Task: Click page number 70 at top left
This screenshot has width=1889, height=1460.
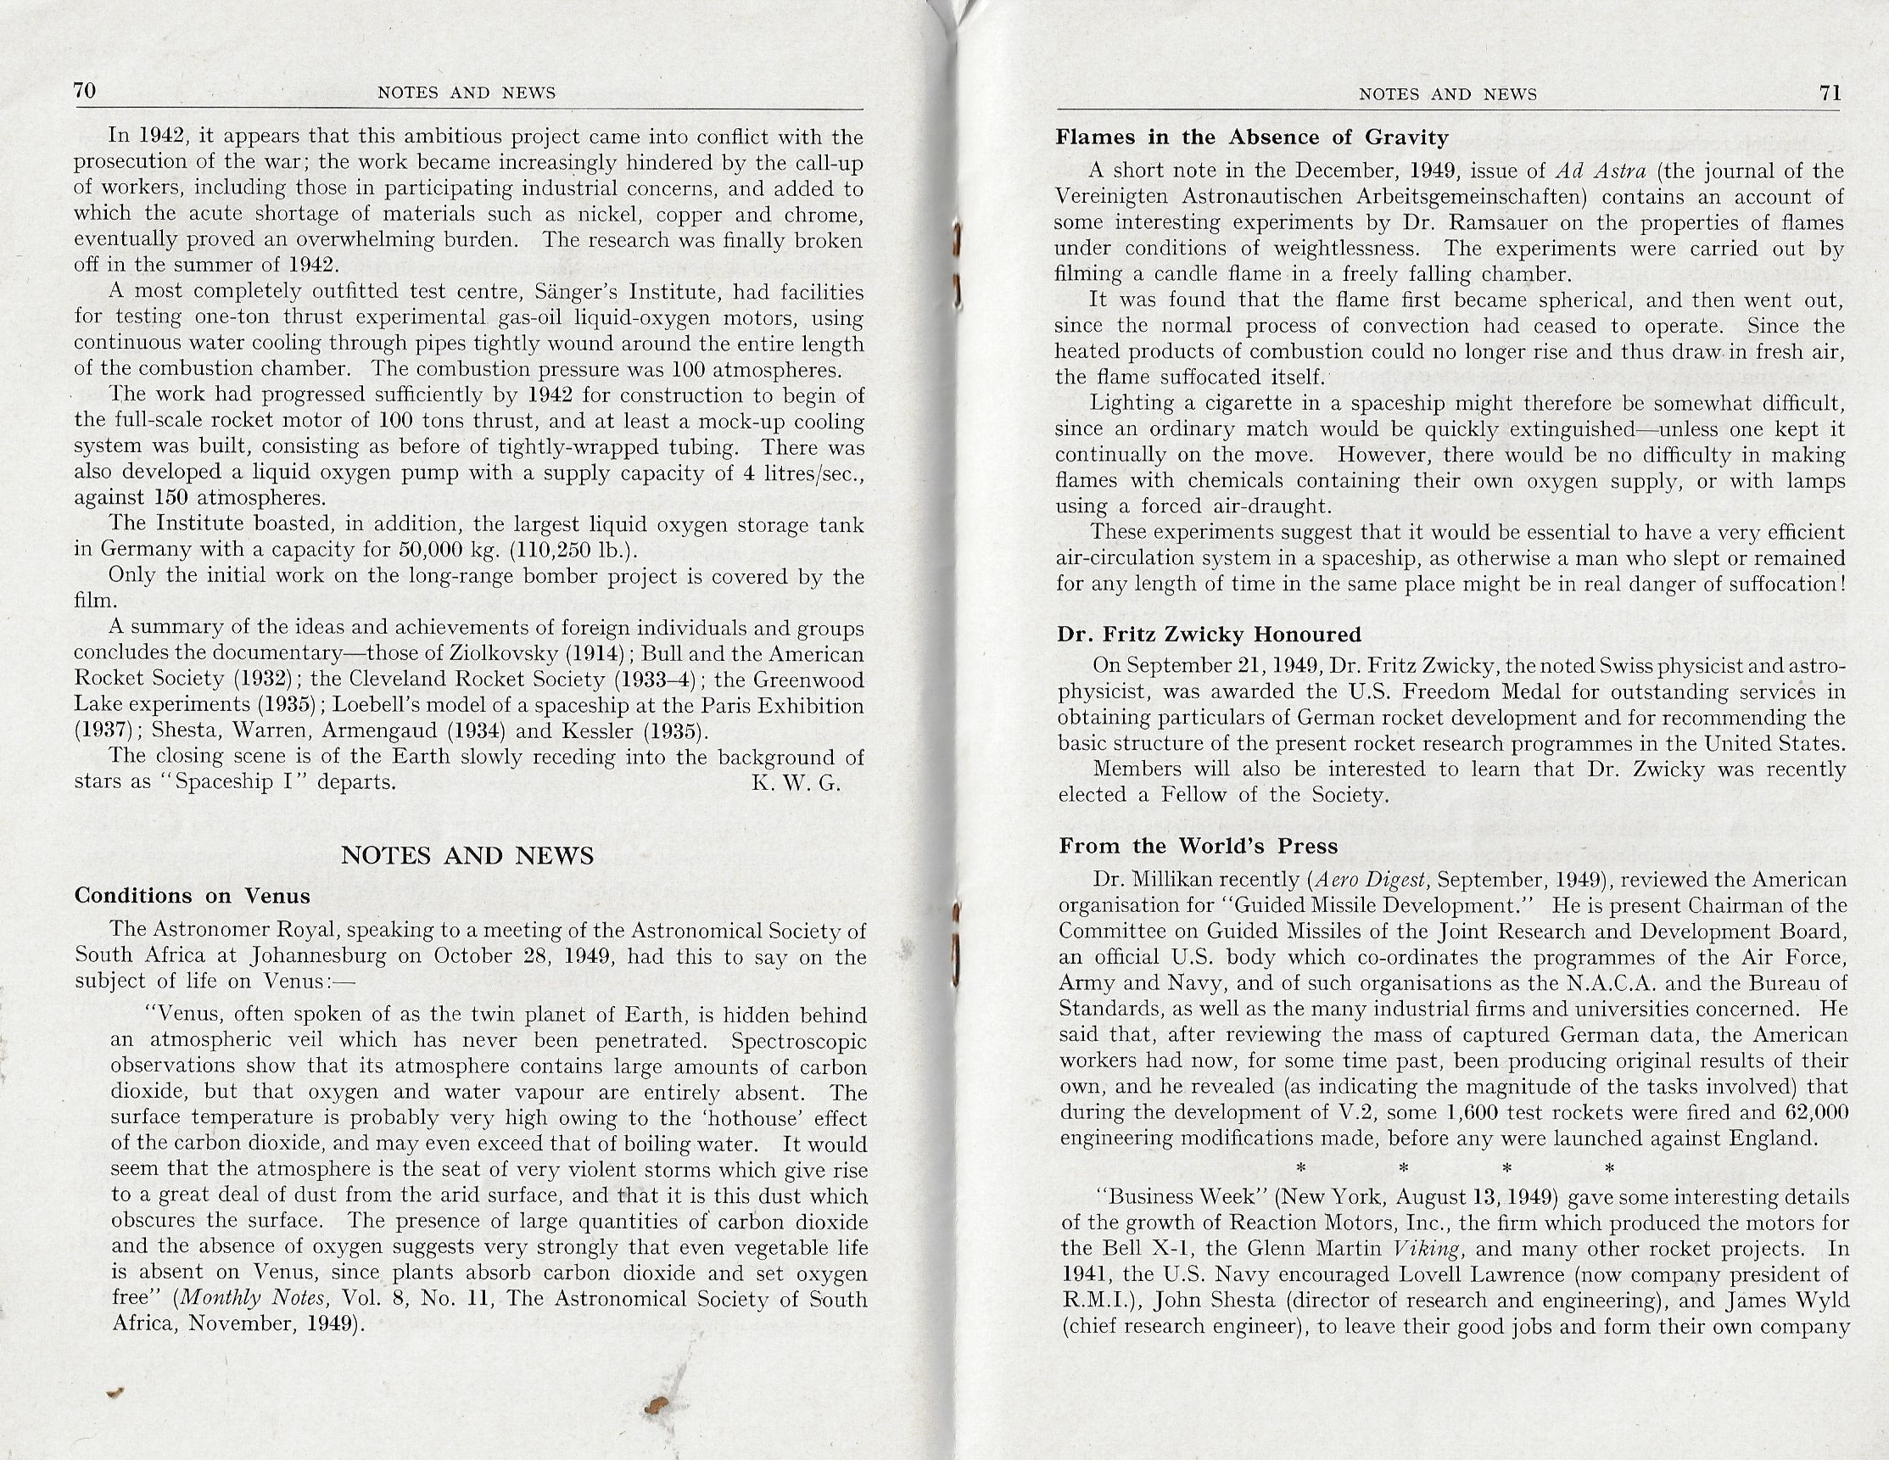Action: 84,91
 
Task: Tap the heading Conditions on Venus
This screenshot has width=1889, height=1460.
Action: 192,895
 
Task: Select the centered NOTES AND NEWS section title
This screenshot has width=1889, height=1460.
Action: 467,855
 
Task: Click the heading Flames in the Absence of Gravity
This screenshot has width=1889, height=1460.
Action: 1251,137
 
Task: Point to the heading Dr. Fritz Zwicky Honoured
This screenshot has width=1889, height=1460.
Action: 1210,634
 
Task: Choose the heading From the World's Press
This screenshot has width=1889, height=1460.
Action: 1198,846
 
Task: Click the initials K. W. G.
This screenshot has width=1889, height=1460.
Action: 796,784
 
